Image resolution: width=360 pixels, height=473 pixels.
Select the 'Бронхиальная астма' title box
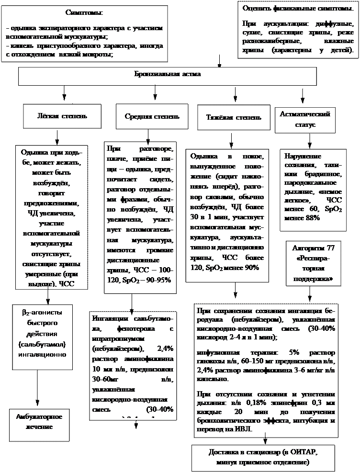pos(167,75)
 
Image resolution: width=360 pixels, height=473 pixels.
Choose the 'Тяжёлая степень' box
pos(234,117)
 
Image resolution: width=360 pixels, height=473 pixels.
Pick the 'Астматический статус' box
pos(305,120)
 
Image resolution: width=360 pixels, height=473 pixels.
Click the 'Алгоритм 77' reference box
pos(314,262)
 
